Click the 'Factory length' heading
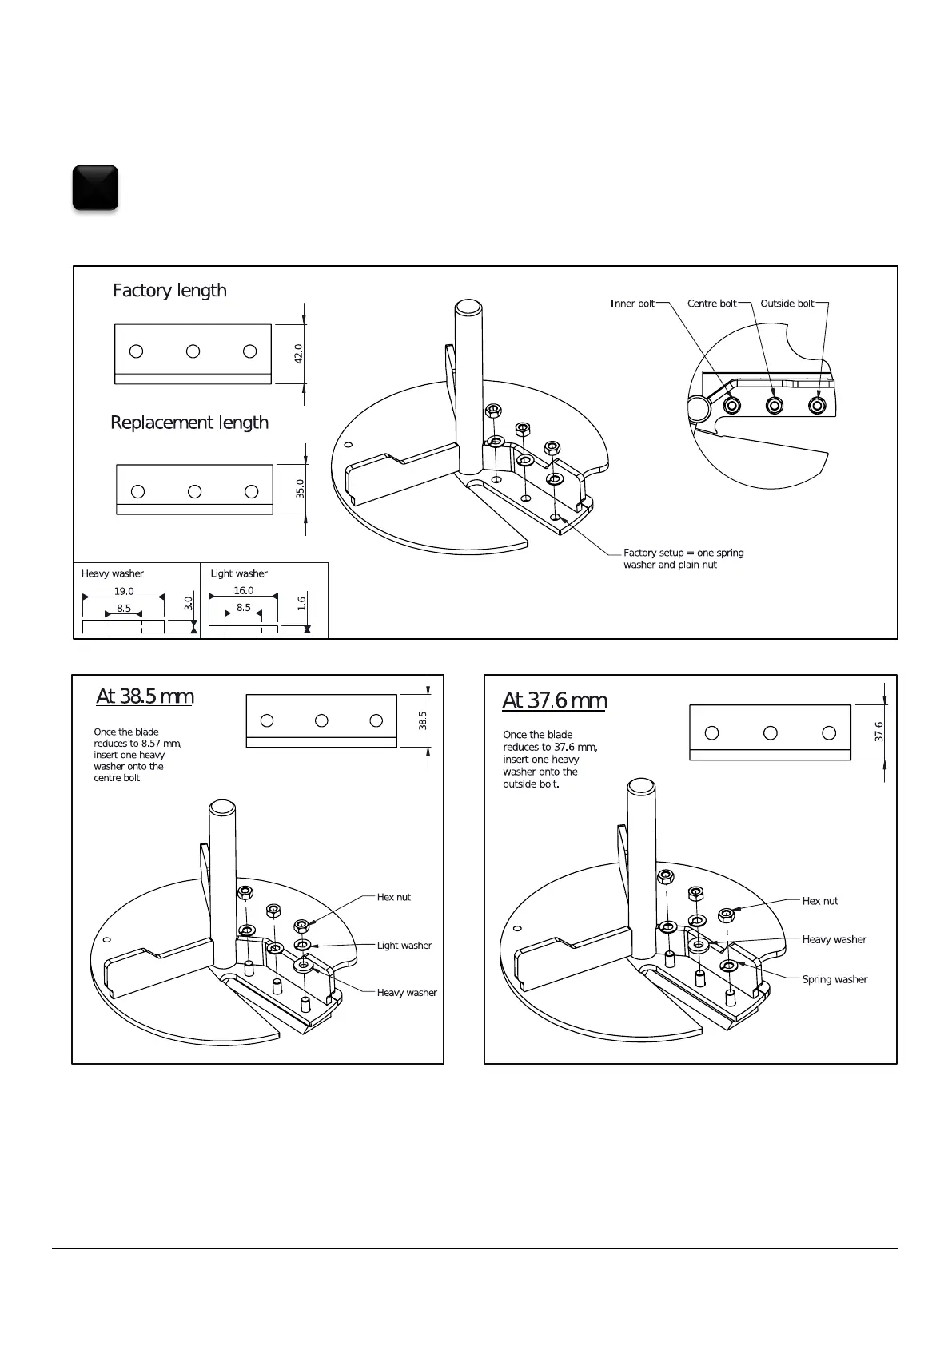pyautogui.click(x=169, y=291)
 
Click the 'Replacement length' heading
pyautogui.click(x=189, y=423)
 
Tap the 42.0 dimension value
pyautogui.click(x=298, y=354)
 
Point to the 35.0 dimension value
pyautogui.click(x=300, y=489)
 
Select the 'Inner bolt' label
pyautogui.click(x=633, y=304)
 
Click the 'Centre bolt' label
pyautogui.click(x=711, y=304)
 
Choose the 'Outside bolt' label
pyautogui.click(x=787, y=304)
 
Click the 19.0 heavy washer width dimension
pyautogui.click(x=124, y=592)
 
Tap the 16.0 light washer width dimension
pyautogui.click(x=244, y=591)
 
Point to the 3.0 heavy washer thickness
pyautogui.click(x=189, y=603)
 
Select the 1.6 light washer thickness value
pyautogui.click(x=301, y=604)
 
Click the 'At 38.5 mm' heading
pyautogui.click(x=145, y=696)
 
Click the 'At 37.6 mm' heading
pyautogui.click(x=554, y=700)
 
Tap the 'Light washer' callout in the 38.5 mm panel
pyautogui.click(x=404, y=946)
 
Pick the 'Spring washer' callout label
pyautogui.click(x=834, y=980)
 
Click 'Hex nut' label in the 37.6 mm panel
pyautogui.click(x=820, y=901)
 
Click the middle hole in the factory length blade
pyautogui.click(x=193, y=351)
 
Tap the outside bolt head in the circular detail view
pyautogui.click(x=816, y=406)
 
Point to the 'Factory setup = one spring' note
pyautogui.click(x=683, y=553)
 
